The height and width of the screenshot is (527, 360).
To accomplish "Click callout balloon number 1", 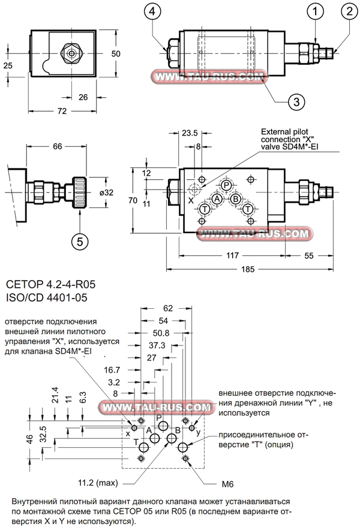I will pyautogui.click(x=316, y=10).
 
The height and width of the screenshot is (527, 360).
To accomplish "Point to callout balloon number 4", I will pyautogui.click(x=154, y=10).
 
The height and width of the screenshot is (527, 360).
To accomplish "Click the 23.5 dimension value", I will pyautogui.click(x=190, y=132).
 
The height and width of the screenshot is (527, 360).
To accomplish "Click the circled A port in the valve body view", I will pyautogui.click(x=217, y=198).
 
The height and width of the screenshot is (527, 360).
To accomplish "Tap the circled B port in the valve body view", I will pyautogui.click(x=236, y=198).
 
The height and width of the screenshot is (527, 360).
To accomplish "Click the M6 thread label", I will pyautogui.click(x=225, y=483).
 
